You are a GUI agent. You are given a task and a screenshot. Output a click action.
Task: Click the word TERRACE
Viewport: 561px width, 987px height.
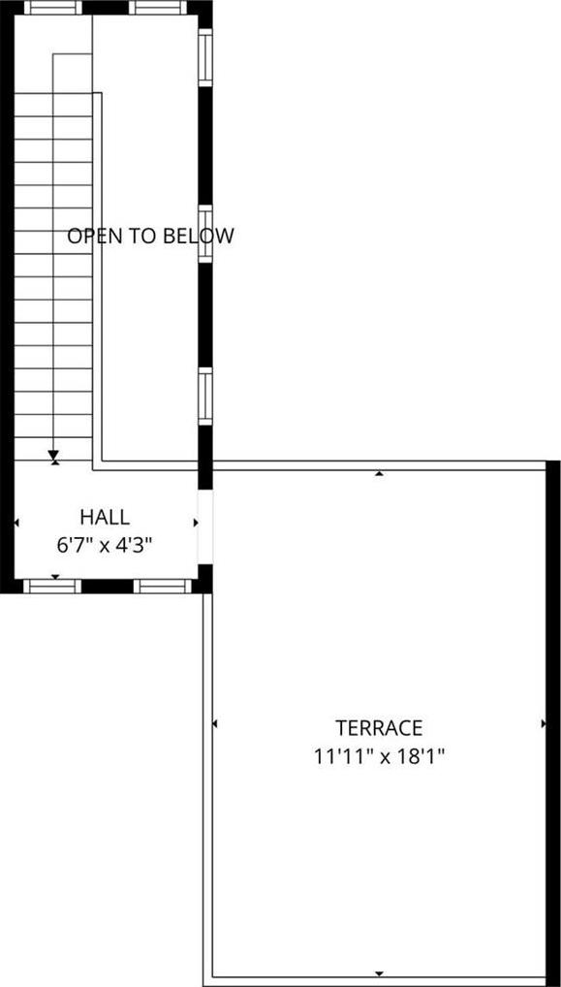coord(379,728)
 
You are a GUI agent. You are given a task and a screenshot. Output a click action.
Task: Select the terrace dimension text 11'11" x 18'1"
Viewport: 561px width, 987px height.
coord(379,756)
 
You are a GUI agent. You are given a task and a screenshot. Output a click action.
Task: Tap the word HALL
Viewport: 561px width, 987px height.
coord(105,518)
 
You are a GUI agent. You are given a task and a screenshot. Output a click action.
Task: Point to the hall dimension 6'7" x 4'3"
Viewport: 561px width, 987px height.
coord(105,545)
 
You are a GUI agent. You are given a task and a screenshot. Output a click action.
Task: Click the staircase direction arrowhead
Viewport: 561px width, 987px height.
coord(53,455)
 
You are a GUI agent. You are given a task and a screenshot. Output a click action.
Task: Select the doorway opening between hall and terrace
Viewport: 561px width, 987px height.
coord(205,526)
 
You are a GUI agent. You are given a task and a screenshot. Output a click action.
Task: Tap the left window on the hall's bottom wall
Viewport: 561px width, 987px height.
coord(52,587)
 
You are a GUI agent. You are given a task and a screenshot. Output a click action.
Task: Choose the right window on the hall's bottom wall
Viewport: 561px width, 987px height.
coord(162,587)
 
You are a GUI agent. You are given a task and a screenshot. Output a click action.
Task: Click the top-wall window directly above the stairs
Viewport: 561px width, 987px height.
coord(53,8)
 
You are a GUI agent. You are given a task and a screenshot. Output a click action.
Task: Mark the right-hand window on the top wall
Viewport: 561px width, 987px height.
coord(158,8)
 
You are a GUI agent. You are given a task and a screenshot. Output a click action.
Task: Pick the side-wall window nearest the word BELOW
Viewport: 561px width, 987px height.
coord(205,233)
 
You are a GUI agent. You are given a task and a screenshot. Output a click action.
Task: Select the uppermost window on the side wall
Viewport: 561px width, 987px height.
coord(205,57)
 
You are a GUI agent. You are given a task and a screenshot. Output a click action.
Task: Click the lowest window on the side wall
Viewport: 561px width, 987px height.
coord(205,397)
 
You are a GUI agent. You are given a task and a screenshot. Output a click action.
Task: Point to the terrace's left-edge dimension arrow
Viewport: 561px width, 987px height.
coord(215,724)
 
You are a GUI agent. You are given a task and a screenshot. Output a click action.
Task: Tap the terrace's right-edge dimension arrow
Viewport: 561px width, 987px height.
coord(544,724)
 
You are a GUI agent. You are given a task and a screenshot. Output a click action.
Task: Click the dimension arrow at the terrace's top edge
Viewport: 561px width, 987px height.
coord(379,473)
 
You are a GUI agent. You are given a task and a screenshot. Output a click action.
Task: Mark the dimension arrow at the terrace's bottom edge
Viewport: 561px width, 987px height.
coord(379,973)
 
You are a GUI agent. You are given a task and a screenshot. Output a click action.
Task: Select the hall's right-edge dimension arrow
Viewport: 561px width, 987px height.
coord(196,523)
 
